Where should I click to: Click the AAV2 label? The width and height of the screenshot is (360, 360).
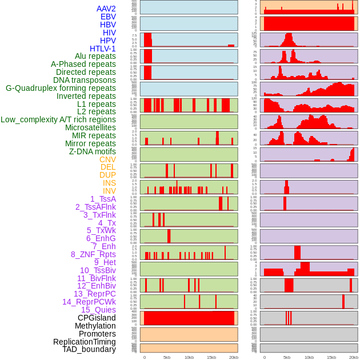[x=106, y=9]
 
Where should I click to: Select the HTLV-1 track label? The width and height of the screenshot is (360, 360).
[x=102, y=49]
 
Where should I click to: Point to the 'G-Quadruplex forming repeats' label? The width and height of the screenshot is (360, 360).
[x=61, y=88]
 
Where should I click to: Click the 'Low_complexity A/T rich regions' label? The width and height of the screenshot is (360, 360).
[x=58, y=119]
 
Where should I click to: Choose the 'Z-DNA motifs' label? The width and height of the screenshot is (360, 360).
[x=92, y=151]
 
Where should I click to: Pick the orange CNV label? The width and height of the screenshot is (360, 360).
[x=107, y=159]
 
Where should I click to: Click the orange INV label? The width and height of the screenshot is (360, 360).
[x=109, y=191]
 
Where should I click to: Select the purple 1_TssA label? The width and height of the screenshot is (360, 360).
[x=103, y=199]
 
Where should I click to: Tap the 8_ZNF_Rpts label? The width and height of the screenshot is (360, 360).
[x=93, y=254]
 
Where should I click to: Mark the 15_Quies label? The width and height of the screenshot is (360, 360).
[x=98, y=310]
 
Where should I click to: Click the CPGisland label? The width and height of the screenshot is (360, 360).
[x=97, y=318]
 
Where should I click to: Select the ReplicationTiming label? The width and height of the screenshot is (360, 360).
[x=84, y=342]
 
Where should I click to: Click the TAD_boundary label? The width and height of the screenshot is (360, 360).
[x=89, y=349]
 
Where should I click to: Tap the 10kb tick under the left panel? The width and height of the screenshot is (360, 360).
[x=189, y=357]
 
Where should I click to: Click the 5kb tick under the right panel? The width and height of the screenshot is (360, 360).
[x=287, y=357]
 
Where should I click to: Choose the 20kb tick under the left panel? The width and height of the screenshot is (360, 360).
[x=233, y=357]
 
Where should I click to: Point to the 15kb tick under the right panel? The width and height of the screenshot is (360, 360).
[x=331, y=357]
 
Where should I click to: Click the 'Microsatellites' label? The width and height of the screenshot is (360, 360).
[x=90, y=127]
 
